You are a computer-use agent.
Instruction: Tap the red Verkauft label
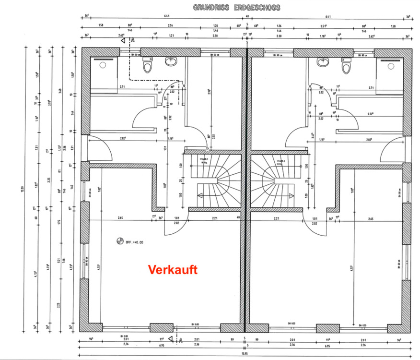(x=172, y=270)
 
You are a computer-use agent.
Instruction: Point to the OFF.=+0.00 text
(x=135, y=242)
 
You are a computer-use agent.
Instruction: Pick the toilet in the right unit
(x=344, y=67)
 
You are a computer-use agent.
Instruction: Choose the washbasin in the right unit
(x=321, y=61)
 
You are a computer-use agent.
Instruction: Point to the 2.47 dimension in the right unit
(x=312, y=136)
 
